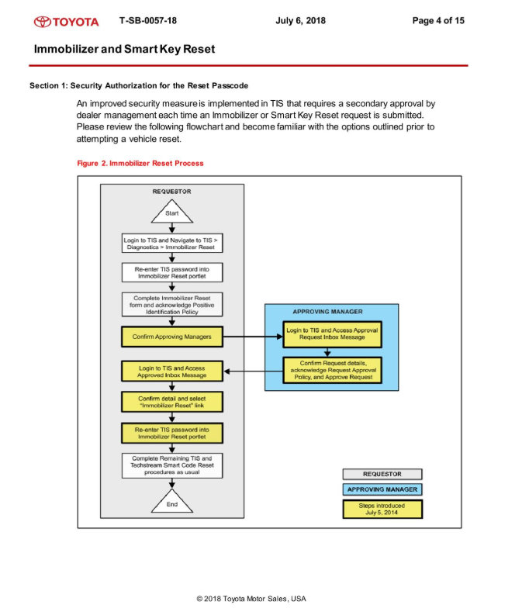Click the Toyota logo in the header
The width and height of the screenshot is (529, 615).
click(x=66, y=21)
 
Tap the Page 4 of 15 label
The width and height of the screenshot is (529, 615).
click(x=438, y=20)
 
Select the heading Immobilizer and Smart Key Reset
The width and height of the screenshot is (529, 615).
click(x=124, y=49)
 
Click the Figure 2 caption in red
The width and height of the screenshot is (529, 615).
click(x=140, y=164)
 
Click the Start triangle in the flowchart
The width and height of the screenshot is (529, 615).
click(x=171, y=212)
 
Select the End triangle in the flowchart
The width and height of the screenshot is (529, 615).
click(x=171, y=502)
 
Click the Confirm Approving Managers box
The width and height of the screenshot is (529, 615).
click(x=171, y=337)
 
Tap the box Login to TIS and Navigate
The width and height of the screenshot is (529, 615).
click(x=171, y=244)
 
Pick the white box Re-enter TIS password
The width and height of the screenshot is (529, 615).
click(x=171, y=272)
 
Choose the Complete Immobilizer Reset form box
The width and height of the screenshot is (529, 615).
click(x=171, y=304)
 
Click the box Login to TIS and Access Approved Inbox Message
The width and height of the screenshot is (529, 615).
click(x=171, y=371)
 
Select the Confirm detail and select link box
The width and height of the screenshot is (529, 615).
click(x=171, y=402)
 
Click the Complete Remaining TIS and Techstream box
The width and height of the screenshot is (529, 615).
click(x=171, y=465)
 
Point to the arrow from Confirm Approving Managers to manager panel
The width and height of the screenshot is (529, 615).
click(x=251, y=337)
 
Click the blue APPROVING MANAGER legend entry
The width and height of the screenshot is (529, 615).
click(x=382, y=489)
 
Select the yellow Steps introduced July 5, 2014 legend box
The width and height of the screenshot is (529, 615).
click(x=382, y=510)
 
